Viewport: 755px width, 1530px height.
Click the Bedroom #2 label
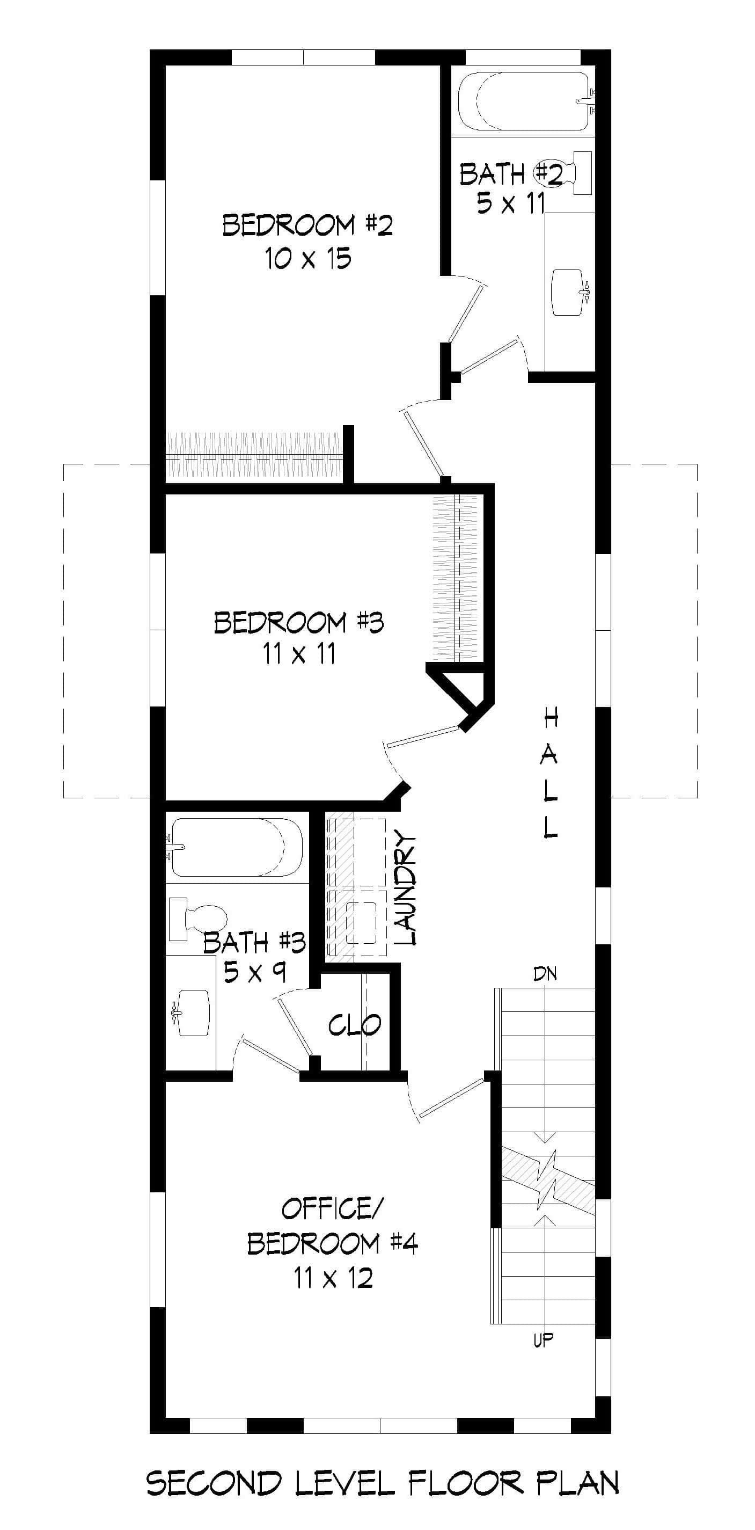307,225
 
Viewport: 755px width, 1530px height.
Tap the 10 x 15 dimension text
307,258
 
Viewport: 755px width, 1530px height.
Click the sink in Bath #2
569,292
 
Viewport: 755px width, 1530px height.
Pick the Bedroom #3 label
298,622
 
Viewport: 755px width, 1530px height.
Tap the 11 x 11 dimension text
298,654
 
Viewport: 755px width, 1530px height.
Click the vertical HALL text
550,772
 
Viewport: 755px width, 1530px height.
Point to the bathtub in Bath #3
236,848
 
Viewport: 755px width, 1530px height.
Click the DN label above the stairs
545,973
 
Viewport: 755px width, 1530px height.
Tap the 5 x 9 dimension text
255,972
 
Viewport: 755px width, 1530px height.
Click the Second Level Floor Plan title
382,1482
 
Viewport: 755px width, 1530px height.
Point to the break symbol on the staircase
547,1179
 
